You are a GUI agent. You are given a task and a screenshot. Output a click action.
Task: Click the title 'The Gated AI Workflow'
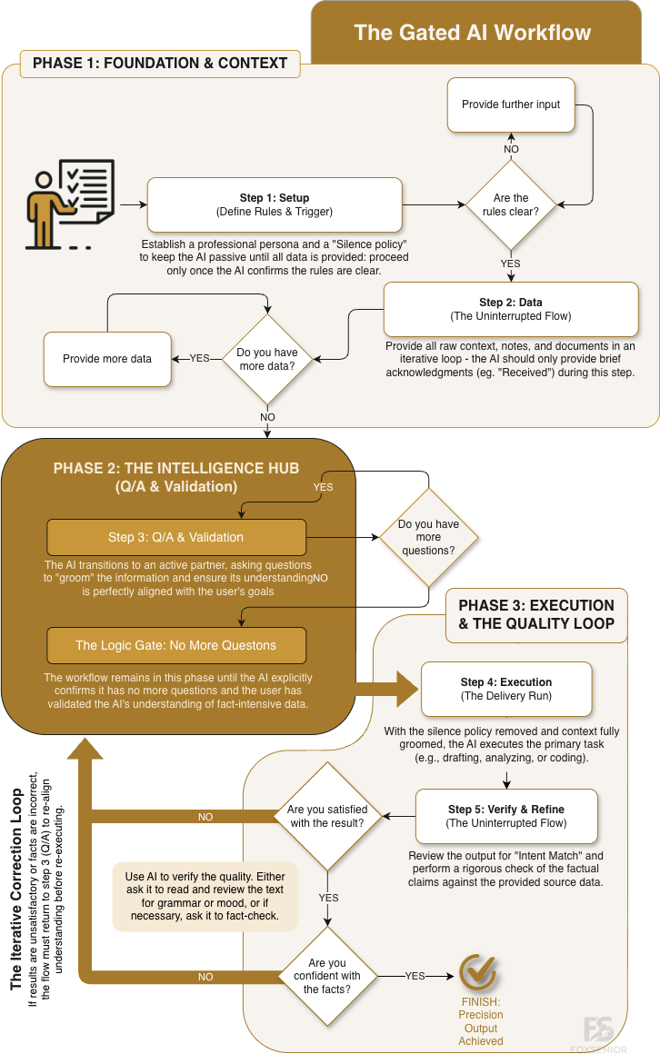pyautogui.click(x=472, y=34)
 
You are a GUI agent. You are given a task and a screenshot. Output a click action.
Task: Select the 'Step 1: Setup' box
pyautogui.click(x=274, y=204)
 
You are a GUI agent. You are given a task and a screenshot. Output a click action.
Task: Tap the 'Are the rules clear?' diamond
pyautogui.click(x=510, y=205)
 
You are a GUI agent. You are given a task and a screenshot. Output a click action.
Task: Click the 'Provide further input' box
pyautogui.click(x=511, y=104)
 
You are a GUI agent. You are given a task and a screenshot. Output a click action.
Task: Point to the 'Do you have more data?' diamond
pyautogui.click(x=267, y=358)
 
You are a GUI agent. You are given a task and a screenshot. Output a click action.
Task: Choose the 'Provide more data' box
pyautogui.click(x=107, y=358)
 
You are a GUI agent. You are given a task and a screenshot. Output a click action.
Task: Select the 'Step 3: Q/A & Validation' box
pyautogui.click(x=176, y=537)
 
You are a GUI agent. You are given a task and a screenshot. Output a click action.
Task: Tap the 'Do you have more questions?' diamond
pyautogui.click(x=428, y=537)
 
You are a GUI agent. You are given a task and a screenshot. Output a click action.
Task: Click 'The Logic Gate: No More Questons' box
pyautogui.click(x=176, y=645)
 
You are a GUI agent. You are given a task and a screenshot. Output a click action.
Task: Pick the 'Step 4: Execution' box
pyautogui.click(x=506, y=689)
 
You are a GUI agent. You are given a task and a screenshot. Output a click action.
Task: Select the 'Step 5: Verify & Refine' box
pyautogui.click(x=507, y=816)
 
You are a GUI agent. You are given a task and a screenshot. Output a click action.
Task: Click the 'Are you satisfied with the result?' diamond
pyautogui.click(x=325, y=816)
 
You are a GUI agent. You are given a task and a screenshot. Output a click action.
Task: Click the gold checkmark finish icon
pyautogui.click(x=478, y=972)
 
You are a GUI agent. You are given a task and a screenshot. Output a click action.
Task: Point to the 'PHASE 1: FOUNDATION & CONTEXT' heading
pyautogui.click(x=160, y=63)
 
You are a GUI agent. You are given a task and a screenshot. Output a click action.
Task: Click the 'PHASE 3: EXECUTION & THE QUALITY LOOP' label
pyautogui.click(x=535, y=614)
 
